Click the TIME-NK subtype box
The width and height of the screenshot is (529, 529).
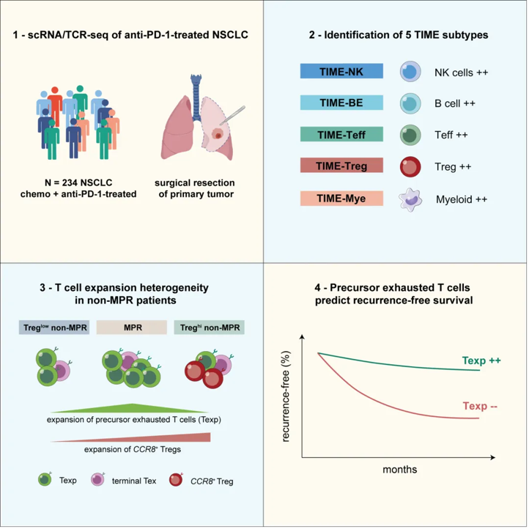point(341,71)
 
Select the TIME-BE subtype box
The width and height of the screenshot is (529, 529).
point(341,103)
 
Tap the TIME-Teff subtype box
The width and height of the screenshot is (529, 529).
point(341,134)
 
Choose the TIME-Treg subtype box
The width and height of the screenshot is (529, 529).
point(341,166)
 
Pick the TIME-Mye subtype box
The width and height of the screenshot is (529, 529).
point(341,198)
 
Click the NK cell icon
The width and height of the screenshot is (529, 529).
point(410,72)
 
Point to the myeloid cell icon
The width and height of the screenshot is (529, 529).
point(410,200)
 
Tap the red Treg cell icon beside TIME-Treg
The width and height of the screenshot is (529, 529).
point(410,166)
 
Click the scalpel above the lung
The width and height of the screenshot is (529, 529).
point(233,115)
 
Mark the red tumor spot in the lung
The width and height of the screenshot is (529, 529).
point(217,134)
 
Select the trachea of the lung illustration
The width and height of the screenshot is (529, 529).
point(196,95)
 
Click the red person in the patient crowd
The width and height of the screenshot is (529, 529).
point(55,105)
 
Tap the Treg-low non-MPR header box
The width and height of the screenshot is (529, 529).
point(54,328)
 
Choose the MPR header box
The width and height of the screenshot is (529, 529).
point(132,328)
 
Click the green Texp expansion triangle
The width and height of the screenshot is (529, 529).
point(130,409)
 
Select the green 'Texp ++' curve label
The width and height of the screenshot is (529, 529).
point(481,360)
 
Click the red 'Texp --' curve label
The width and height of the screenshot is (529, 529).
point(480,405)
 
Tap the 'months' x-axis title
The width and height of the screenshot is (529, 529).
point(400,469)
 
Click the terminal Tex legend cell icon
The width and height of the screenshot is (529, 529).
point(97,479)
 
